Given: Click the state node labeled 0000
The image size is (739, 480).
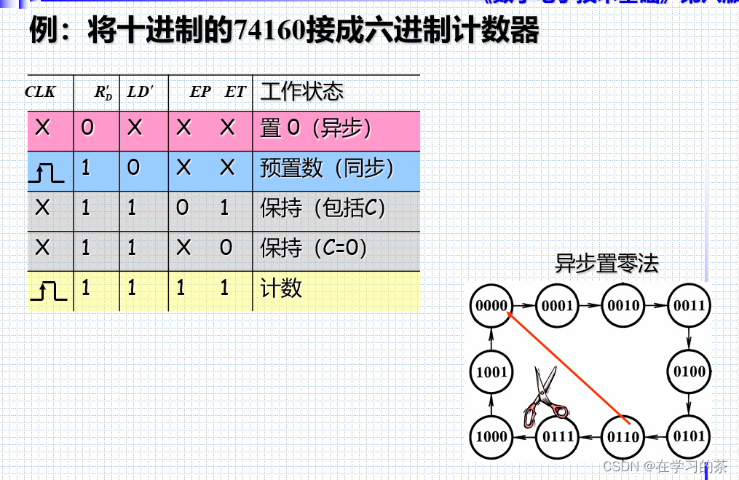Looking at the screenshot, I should (491, 305).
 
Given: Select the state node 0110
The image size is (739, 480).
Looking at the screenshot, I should (623, 437).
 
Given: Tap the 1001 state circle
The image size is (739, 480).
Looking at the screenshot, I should (491, 372).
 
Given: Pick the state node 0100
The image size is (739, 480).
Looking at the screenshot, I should (689, 371).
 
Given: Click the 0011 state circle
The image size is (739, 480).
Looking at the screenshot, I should (689, 305).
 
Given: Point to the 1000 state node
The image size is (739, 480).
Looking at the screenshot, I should (491, 437).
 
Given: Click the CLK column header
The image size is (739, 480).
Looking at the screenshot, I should (40, 93).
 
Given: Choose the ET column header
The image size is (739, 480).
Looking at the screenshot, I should (234, 93).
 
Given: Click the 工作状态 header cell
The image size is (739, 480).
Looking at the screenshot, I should (301, 92).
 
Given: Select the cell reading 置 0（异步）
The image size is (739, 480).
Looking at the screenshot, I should (315, 129).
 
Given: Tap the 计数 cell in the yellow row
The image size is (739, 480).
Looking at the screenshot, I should (281, 288).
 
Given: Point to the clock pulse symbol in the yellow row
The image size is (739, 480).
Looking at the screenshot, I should (48, 292).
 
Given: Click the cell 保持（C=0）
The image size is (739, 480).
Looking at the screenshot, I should (314, 248).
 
